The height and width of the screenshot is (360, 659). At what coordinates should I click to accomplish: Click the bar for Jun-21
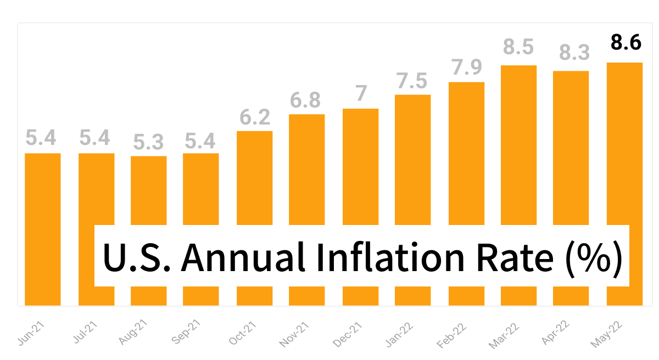click(43, 229)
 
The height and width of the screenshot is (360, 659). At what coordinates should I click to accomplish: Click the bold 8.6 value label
click(626, 42)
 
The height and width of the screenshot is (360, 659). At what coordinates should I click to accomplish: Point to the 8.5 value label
click(518, 47)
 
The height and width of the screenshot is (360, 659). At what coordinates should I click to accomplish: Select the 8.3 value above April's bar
click(574, 52)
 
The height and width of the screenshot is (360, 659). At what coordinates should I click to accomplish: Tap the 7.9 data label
click(467, 66)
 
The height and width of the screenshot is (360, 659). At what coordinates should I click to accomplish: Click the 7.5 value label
click(411, 81)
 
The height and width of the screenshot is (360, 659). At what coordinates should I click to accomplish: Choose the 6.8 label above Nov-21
click(305, 100)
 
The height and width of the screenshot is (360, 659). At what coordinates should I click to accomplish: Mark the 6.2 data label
click(255, 117)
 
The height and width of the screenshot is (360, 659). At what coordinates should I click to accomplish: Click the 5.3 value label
click(148, 142)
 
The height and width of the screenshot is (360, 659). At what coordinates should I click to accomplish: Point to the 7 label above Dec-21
click(361, 93)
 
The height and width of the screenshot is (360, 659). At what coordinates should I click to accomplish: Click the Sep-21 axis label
click(186, 331)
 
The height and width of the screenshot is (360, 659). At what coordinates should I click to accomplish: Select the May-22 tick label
click(606, 334)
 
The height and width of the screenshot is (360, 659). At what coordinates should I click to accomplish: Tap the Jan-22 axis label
click(399, 334)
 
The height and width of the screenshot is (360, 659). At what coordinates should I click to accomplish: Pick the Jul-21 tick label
click(85, 332)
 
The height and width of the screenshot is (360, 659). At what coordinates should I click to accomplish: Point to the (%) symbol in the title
click(594, 258)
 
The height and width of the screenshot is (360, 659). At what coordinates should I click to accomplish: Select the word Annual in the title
click(243, 257)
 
